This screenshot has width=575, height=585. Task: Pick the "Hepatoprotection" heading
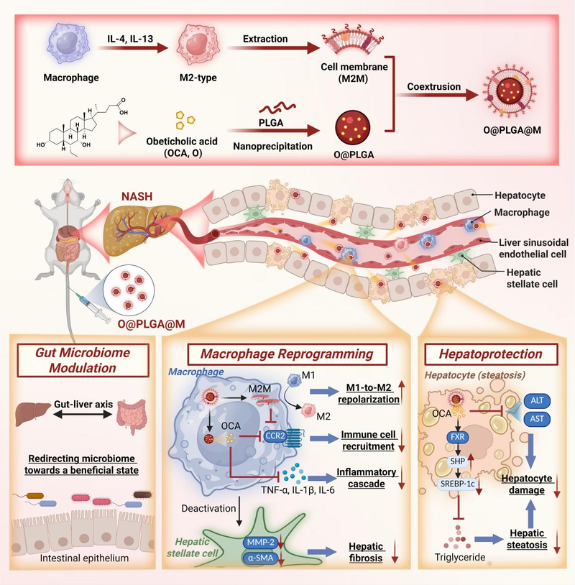click(x=483, y=354)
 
